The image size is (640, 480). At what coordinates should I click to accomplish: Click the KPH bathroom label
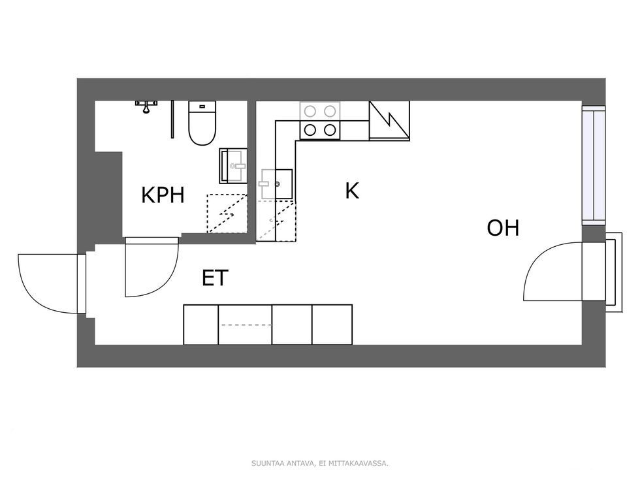[163, 195]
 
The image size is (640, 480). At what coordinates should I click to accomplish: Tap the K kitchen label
[352, 191]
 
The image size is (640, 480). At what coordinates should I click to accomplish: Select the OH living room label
[503, 228]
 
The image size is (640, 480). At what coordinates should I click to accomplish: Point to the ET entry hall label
[215, 278]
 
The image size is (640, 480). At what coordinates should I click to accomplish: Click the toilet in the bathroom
[202, 123]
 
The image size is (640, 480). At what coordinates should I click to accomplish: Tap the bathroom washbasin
[233, 166]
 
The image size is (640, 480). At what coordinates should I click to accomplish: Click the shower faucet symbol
[146, 106]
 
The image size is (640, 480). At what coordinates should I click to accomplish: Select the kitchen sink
[276, 184]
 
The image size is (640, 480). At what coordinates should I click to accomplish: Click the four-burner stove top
[320, 120]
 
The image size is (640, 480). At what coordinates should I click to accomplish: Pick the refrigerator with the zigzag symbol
[389, 121]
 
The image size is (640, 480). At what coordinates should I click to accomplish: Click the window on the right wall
[594, 165]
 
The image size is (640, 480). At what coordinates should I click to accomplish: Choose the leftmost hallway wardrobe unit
[201, 325]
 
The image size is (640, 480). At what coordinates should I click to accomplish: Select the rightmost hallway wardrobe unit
[332, 325]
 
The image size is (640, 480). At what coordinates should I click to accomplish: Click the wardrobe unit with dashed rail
[246, 325]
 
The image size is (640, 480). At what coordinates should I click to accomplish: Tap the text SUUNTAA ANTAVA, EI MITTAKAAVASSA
[320, 463]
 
